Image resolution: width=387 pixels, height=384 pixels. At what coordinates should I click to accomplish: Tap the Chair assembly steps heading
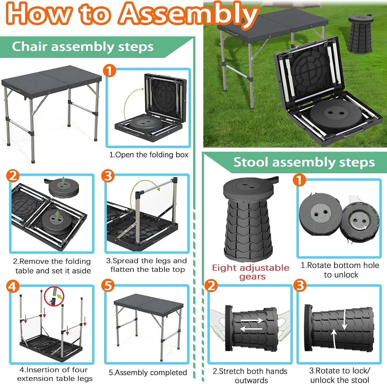pos(83,47)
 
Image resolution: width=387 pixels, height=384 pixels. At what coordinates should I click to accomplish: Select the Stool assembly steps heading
pos(304,162)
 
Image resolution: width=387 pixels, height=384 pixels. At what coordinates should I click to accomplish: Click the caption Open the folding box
pos(149,155)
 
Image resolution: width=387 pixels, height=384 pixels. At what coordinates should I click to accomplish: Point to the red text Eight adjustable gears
pos(251,272)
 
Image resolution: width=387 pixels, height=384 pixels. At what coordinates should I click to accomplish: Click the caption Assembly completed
pos(148,373)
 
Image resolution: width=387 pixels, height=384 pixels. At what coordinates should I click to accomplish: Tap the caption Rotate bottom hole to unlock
pos(340,270)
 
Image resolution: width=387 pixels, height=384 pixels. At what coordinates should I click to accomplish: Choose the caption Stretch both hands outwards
pos(250,375)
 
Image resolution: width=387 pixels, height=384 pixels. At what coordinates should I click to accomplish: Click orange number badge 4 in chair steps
pos(13,286)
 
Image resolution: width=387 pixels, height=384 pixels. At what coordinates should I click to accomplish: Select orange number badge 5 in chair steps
pos(108,285)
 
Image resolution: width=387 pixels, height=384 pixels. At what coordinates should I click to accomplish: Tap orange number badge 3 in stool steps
pos(300,285)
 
